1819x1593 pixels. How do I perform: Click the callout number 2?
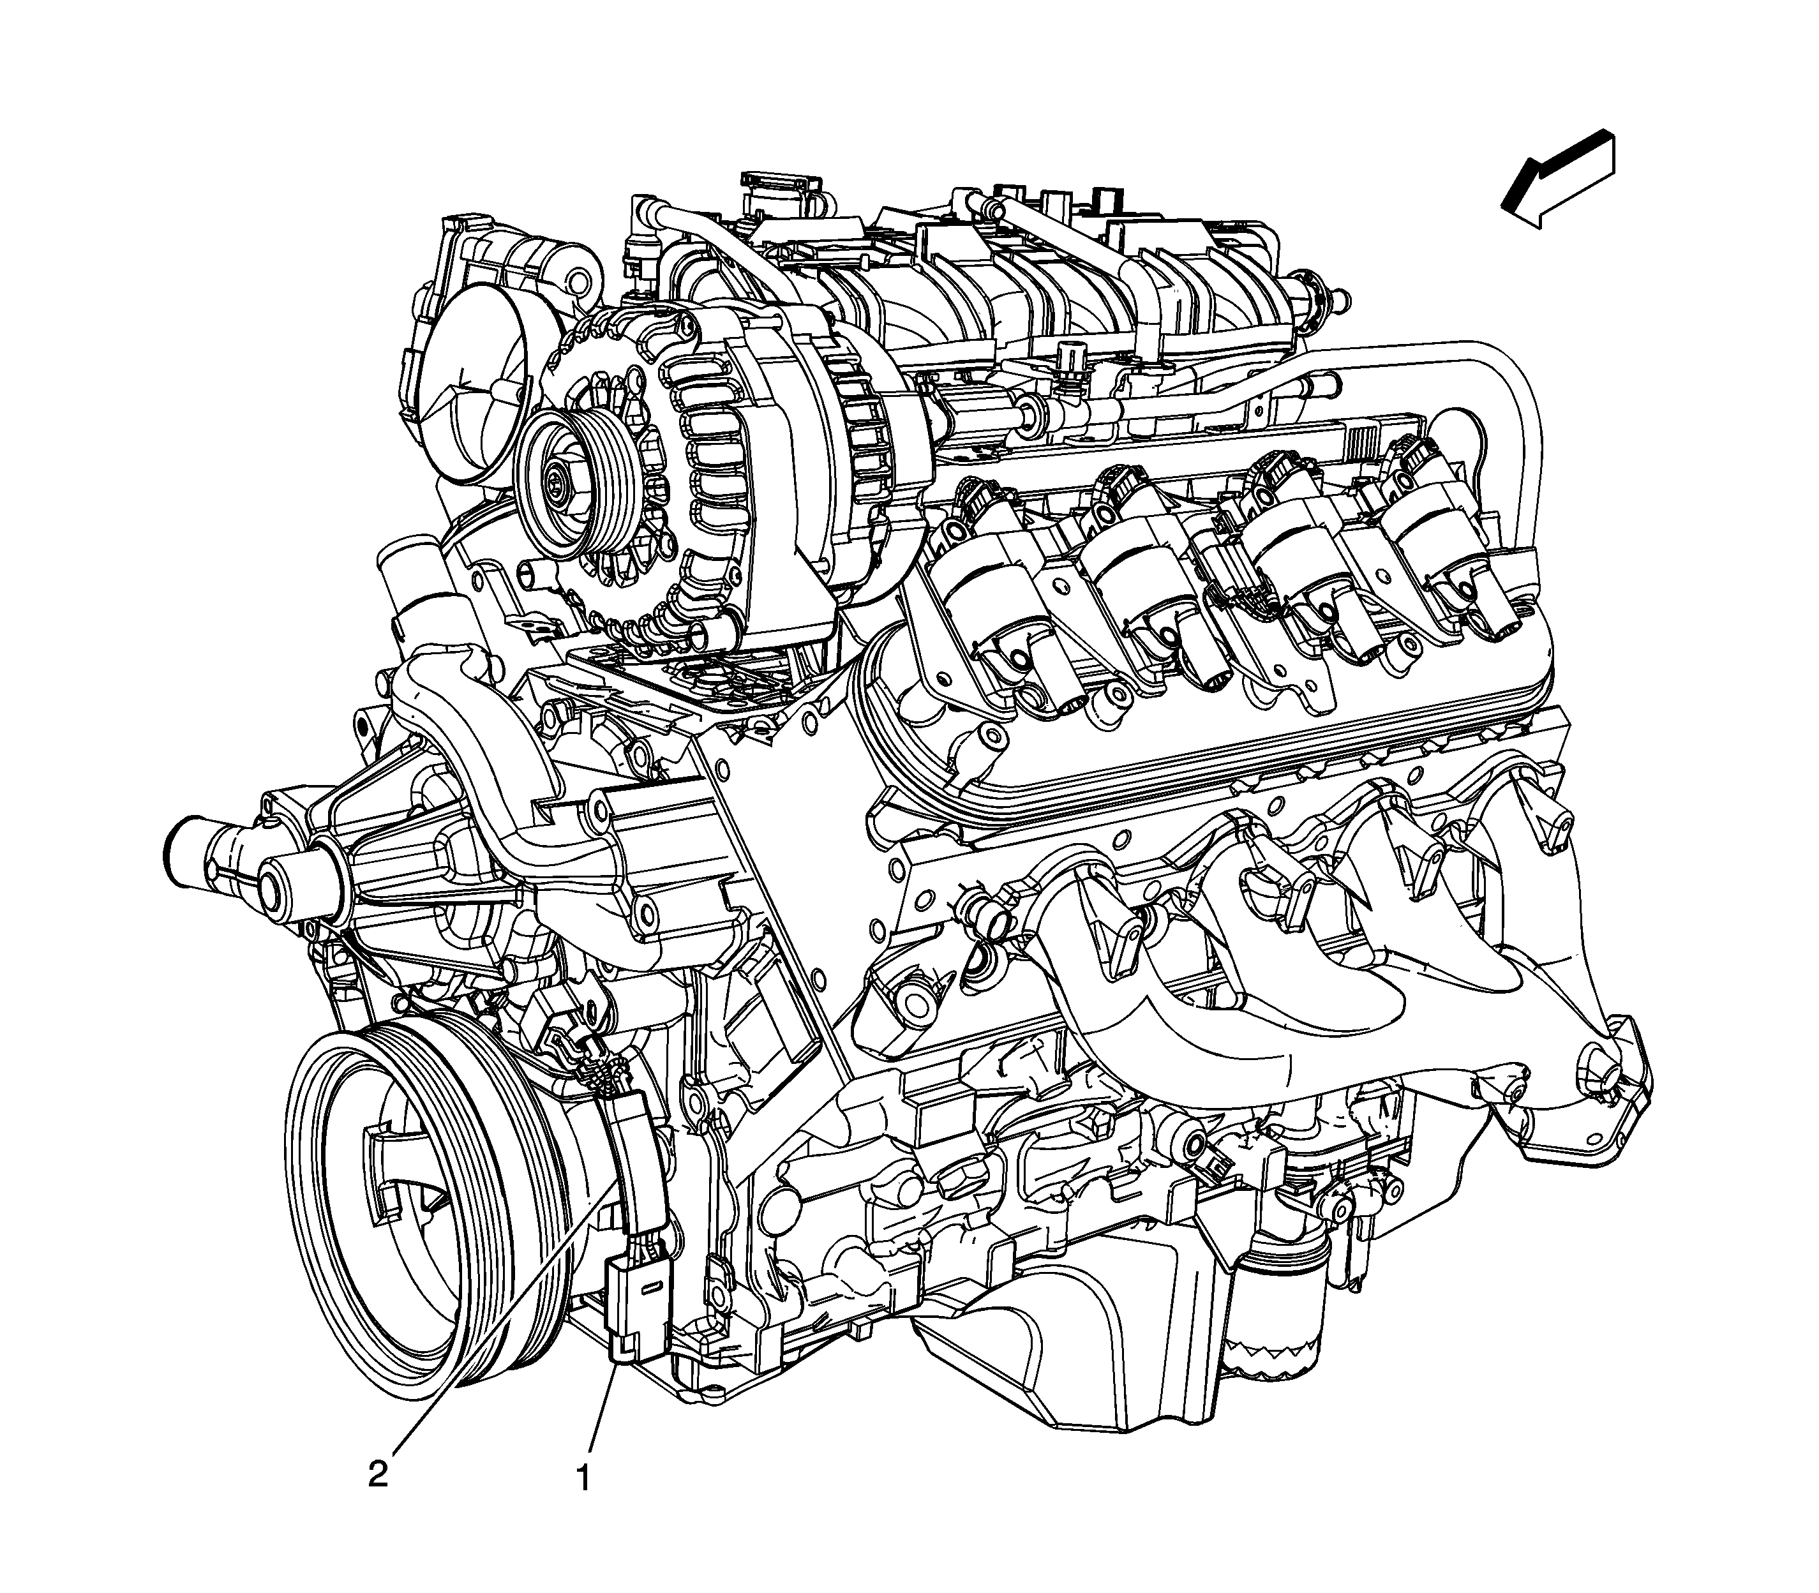click(378, 1474)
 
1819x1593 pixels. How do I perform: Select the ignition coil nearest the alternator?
click(996, 569)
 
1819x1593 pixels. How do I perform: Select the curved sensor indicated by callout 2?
click(634, 1156)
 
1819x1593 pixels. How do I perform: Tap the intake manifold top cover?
click(1022, 267)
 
